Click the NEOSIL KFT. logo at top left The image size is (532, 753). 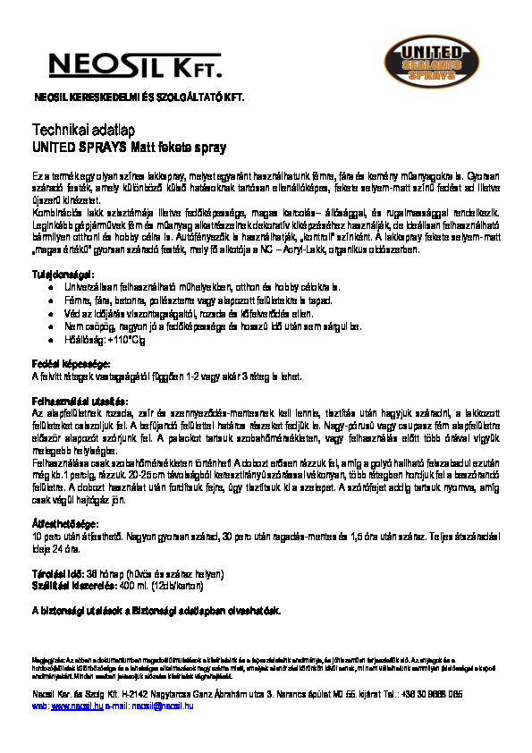click(135, 64)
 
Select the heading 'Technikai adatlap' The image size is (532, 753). click(70, 130)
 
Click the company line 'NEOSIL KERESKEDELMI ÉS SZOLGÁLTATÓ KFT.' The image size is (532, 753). click(138, 97)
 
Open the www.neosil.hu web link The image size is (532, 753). click(72, 706)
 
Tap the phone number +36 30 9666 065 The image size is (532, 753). click(431, 694)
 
